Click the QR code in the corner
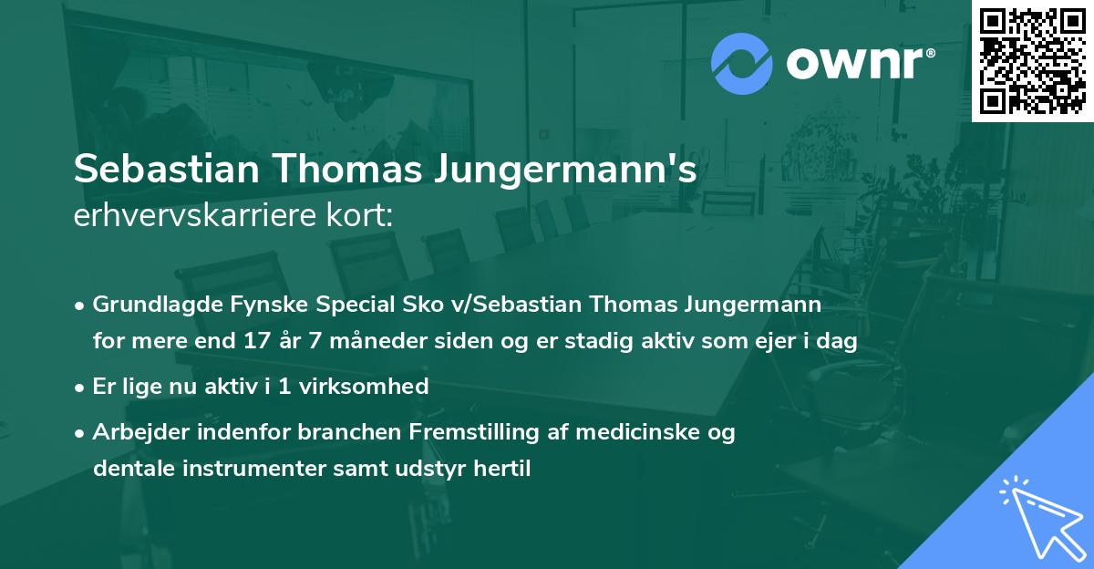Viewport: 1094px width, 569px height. [x=1033, y=60]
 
